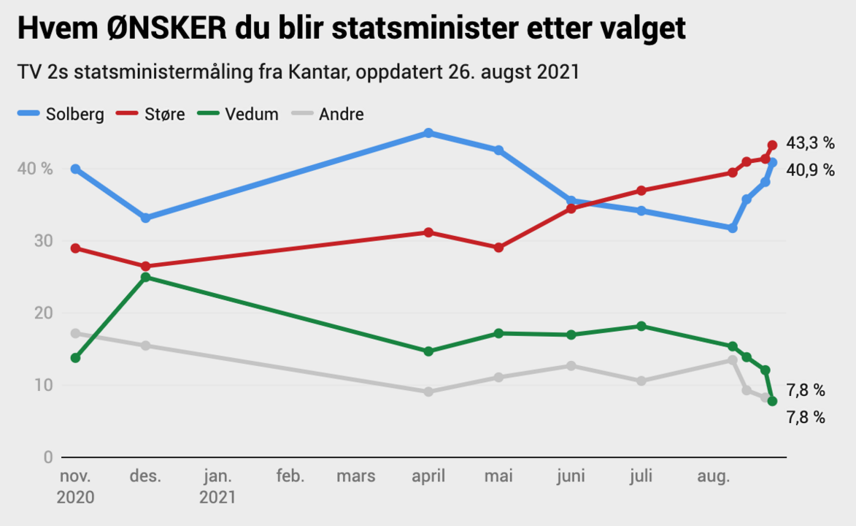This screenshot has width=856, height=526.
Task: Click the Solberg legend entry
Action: coord(61,114)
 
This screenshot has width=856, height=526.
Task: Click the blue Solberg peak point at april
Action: coord(428,133)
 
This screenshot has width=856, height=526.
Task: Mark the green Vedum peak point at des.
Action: coord(145,278)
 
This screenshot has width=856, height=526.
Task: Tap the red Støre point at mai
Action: coord(498,248)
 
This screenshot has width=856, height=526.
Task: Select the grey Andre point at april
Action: coord(428,392)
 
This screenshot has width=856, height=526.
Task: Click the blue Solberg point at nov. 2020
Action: coord(75,169)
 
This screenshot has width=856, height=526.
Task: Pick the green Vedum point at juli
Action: coord(641,326)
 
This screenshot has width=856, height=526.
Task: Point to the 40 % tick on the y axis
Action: coord(36,169)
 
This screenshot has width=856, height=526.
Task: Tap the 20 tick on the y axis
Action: coord(45,313)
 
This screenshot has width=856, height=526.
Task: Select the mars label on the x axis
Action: coord(356,477)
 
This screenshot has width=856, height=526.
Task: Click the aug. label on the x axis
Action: coord(713,477)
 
